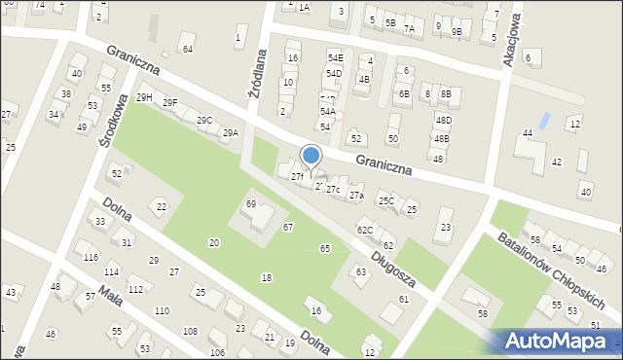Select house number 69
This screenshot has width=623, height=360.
click(x=250, y=203)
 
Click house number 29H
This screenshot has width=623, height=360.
click(x=144, y=97)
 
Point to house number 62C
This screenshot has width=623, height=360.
click(x=364, y=230)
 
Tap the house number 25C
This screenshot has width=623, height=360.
click(x=386, y=201)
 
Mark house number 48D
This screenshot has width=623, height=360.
click(x=443, y=120)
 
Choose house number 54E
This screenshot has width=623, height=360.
click(x=335, y=58)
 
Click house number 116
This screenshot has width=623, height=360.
click(x=91, y=257)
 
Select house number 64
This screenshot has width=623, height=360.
click(x=188, y=49)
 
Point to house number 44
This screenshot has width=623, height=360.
click(x=528, y=132)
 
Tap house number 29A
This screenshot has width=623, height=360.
click(x=230, y=133)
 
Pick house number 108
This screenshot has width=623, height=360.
click(x=190, y=332)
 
